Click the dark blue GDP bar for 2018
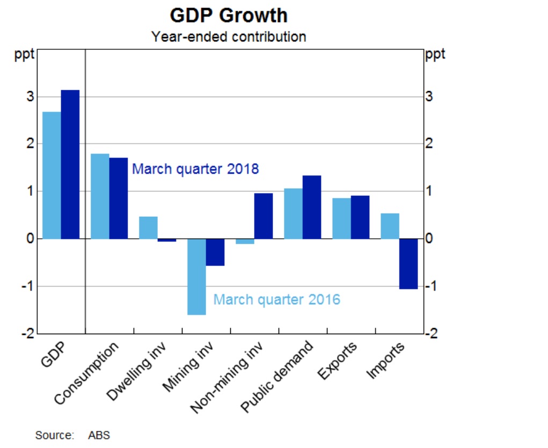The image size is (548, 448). tap(70, 165)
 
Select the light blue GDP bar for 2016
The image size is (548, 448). tap(52, 175)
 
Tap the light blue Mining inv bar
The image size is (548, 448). tap(197, 277)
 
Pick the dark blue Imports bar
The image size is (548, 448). tap(408, 264)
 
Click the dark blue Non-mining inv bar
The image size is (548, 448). tap(264, 216)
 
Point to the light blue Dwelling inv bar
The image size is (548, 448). tap(149, 228)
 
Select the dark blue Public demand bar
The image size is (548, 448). tap(312, 207)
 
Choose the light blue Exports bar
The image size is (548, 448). tap(342, 218)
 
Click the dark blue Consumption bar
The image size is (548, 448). tap(119, 199)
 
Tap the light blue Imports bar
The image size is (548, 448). tap(390, 226)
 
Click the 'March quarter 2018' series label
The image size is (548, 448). tap(195, 169)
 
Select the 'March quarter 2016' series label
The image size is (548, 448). tap(277, 299)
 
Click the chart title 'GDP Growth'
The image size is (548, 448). tap(229, 16)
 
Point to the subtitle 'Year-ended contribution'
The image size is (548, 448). tap(229, 36)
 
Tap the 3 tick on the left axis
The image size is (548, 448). tap(31, 97)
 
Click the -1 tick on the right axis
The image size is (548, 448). tap(432, 286)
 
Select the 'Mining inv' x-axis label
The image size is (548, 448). tap(188, 366)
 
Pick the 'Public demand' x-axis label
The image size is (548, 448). tap(277, 376)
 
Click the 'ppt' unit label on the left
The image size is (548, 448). tap(24, 55)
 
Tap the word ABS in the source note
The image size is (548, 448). tap(99, 435)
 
